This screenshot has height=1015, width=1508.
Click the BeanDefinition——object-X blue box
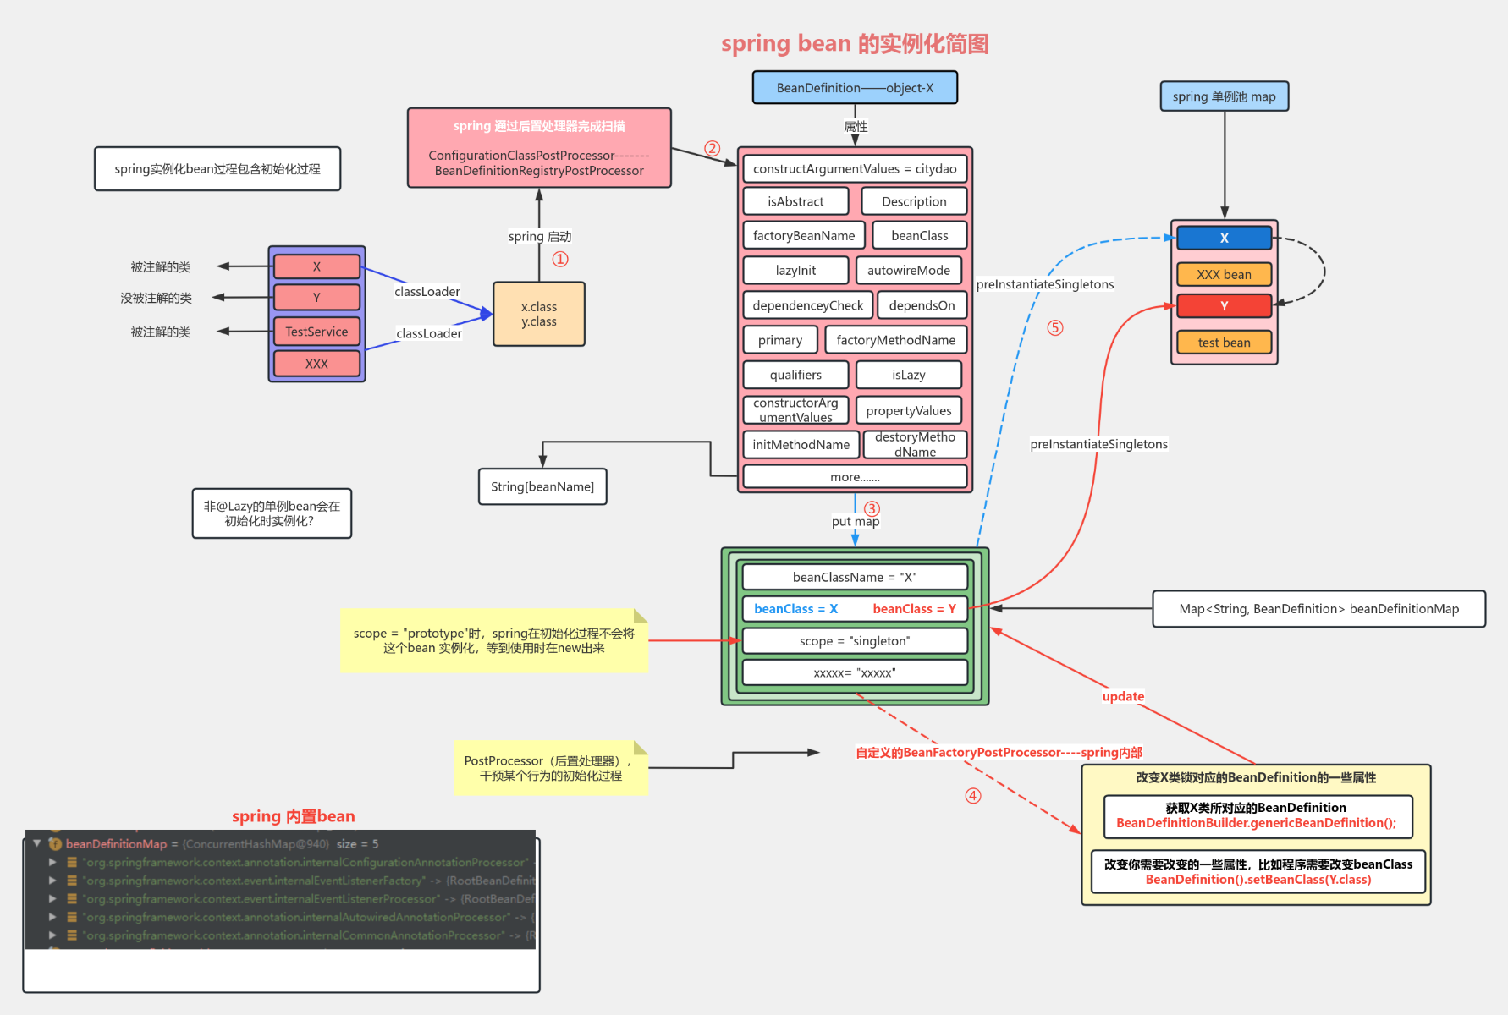pos(855,88)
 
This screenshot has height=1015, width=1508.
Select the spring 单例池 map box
pos(1224,96)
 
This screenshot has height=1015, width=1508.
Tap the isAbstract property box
pos(795,201)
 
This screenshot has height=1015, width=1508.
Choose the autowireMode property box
pos(909,271)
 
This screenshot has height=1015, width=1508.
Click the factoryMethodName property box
pos(895,340)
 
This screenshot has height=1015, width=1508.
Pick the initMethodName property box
pos(801,445)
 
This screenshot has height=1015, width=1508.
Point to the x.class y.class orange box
pos(539,315)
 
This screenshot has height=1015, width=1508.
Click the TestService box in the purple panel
pos(316,332)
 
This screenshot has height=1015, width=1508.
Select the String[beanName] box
pos(542,487)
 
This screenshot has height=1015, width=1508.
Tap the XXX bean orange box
pos(1224,275)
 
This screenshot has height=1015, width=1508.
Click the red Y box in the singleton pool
pos(1224,306)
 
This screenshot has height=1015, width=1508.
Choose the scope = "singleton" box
pos(855,641)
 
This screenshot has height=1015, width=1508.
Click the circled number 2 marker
pos(713,149)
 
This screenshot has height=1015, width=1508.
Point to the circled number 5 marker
pos(1054,328)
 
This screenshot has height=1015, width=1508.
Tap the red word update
pos(1123,696)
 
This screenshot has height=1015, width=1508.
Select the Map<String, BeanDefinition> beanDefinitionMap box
pos(1318,609)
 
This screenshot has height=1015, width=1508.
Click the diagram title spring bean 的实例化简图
pos(855,44)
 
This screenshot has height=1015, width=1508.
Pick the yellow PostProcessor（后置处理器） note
pos(550,768)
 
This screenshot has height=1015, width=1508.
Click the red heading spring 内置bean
pos(293,816)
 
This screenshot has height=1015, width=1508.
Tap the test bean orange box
pos(1224,343)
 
